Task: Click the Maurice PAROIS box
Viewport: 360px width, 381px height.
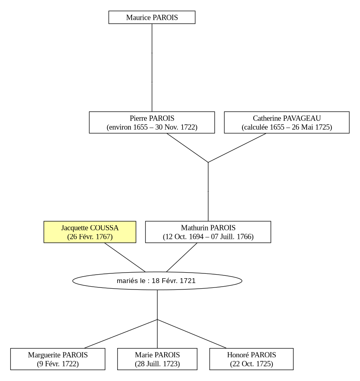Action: tap(152, 17)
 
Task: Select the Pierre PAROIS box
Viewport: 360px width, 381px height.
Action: tap(152, 122)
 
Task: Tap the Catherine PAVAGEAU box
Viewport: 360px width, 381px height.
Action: tap(287, 122)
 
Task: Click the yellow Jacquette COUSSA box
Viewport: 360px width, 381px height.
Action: tap(90, 232)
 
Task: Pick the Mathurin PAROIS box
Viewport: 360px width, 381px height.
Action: tap(208, 232)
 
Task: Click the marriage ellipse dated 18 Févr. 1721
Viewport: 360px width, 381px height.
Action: tap(157, 281)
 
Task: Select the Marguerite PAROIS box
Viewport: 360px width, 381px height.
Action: tap(58, 359)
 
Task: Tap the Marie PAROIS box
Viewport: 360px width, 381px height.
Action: tap(157, 359)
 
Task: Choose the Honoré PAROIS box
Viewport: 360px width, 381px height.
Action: tap(251, 359)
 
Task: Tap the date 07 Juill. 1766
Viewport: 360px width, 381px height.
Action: tap(231, 236)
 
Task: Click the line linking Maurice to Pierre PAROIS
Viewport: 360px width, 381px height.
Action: tap(152, 68)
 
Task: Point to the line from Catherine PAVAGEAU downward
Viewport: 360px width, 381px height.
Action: tap(237, 148)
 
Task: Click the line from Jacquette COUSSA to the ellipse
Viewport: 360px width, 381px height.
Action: tap(125, 257)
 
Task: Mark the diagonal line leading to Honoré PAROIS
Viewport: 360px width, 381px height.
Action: tap(192, 334)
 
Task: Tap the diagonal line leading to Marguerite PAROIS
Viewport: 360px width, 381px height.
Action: tap(121, 334)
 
